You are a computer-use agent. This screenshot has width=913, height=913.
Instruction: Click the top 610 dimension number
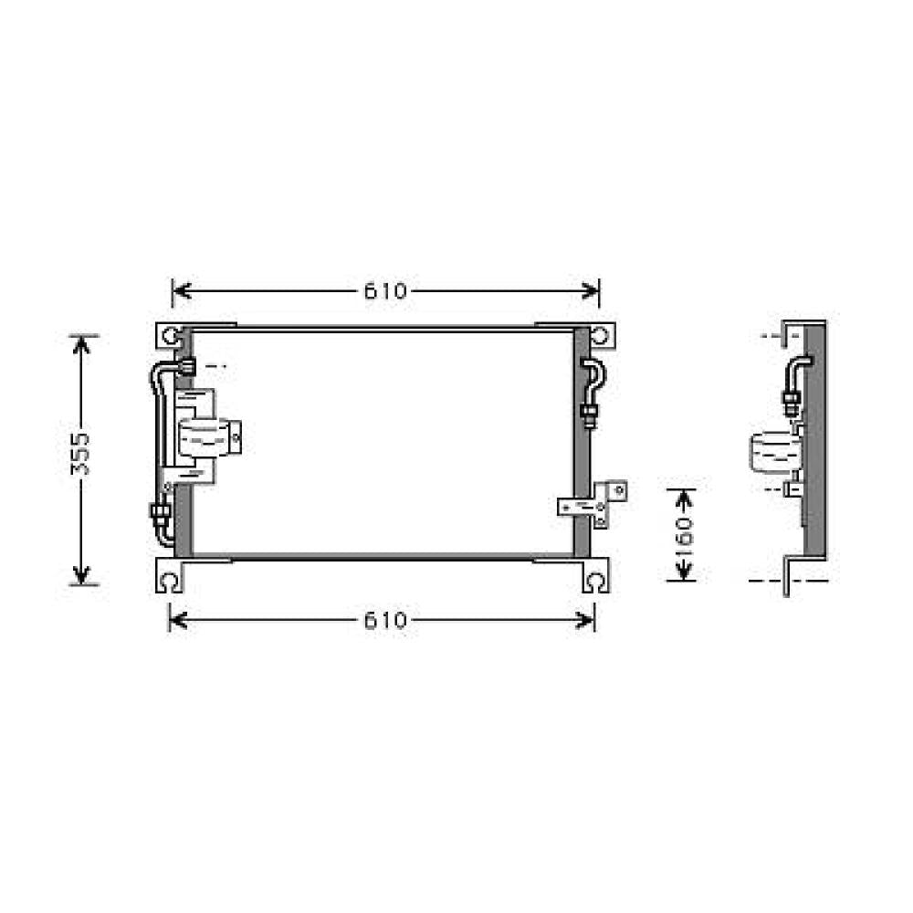pos(385,291)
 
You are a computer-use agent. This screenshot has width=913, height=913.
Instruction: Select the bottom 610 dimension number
pos(385,622)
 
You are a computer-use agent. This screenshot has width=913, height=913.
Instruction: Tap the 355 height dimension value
pos(81,454)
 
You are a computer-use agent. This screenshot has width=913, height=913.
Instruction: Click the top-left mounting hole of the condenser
pos(172,336)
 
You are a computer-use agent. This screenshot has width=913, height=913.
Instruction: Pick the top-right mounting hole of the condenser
pos(599,336)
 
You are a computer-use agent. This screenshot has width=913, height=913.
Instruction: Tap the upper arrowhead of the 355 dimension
pos(82,342)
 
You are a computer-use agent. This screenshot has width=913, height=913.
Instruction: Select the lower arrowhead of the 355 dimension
pos(82,576)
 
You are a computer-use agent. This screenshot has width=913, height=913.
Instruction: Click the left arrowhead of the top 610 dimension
pos(179,291)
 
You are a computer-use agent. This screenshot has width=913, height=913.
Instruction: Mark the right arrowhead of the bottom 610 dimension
pos(589,622)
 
